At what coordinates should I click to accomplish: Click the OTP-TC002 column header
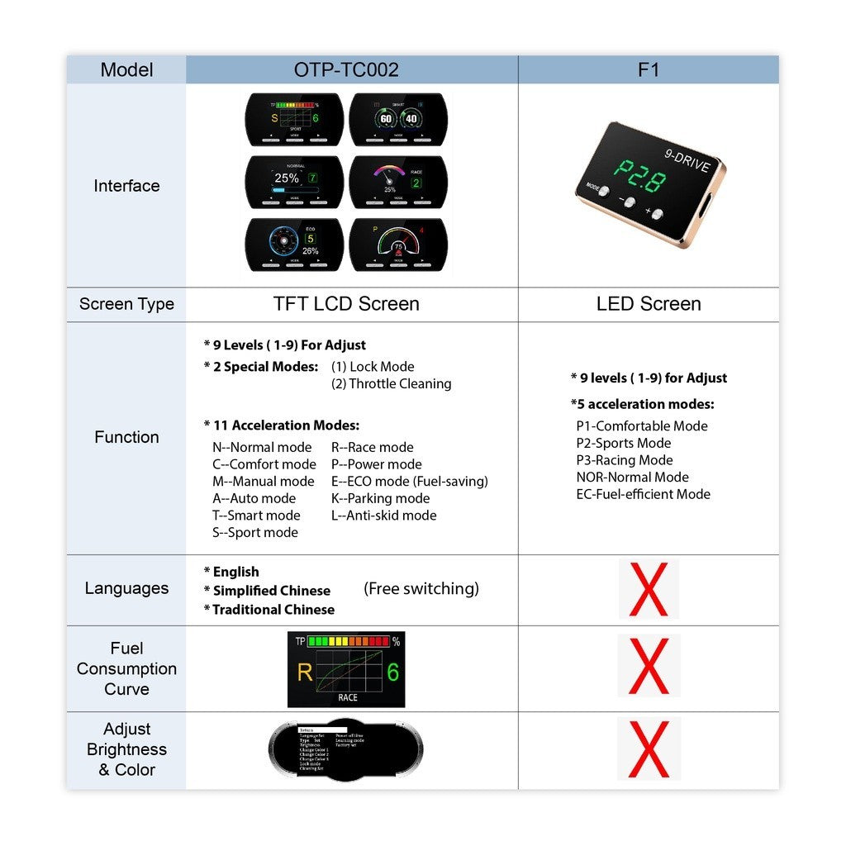[x=346, y=70]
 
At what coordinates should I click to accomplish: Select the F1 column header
[x=649, y=70]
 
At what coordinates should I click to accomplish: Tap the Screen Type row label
[x=126, y=304]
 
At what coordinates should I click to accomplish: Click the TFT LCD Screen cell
[x=346, y=304]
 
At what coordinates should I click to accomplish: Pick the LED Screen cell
[x=649, y=304]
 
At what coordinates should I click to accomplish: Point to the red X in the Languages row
[x=649, y=589]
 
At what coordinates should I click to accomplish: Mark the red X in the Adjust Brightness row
[x=649, y=749]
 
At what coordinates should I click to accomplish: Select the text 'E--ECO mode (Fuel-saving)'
[x=410, y=482]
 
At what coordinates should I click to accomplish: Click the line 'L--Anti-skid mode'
[x=384, y=516]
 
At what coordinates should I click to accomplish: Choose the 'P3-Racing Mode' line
[x=625, y=460]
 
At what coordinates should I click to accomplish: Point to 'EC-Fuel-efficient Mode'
[x=643, y=494]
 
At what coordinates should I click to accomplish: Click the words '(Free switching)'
[x=421, y=589]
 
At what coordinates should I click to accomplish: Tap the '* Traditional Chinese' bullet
[x=269, y=610]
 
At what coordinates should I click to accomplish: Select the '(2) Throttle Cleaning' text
[x=392, y=383]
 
